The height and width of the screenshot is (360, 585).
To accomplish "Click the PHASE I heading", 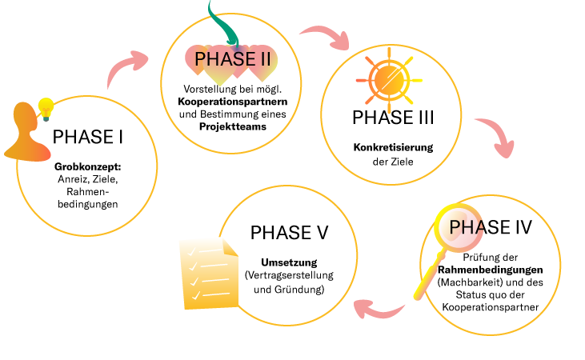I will pos(87,137).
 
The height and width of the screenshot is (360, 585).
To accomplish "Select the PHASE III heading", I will pos(393,118).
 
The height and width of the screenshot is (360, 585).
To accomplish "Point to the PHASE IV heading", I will pos(491,227).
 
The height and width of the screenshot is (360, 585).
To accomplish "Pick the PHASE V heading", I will pos(289,233).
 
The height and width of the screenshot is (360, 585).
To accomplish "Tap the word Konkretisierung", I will pos(393,148).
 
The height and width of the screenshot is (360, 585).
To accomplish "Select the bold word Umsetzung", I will pos(289,262).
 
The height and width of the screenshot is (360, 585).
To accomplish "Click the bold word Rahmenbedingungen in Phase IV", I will pos(491,271).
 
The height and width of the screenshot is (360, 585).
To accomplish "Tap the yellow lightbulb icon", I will pos(46,106).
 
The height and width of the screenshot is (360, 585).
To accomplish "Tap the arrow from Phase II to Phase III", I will pos(327,36).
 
